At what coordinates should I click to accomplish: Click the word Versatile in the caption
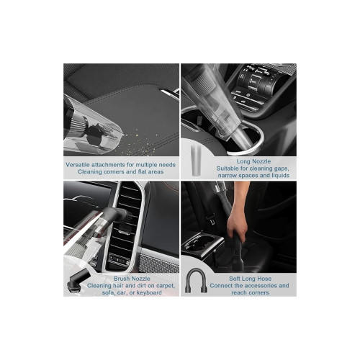tap(78, 165)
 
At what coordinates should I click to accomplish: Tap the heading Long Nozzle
tap(253, 161)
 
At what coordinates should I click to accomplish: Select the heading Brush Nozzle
tap(132, 279)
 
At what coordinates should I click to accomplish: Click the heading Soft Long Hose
tap(250, 279)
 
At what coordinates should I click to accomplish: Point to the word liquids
tap(281, 176)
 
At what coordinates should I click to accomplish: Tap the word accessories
tap(262, 286)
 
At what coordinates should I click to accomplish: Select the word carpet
tap(166, 286)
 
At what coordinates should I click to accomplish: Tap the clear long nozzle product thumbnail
tap(196, 160)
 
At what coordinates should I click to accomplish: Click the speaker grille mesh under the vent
tap(160, 264)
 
